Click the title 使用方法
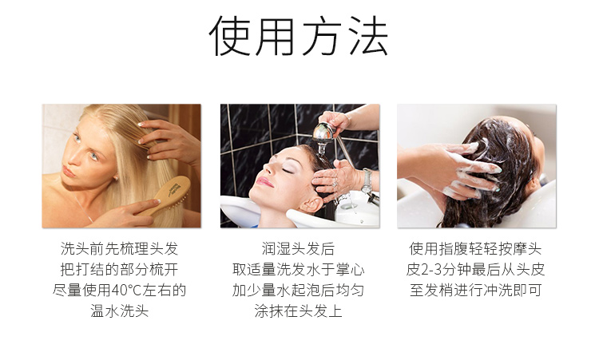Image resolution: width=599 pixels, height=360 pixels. [x=299, y=36]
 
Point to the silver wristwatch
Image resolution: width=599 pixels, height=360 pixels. [x=367, y=182]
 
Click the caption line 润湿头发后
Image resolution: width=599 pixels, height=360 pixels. [x=299, y=249]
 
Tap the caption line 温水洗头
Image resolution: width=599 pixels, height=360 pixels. [x=120, y=311]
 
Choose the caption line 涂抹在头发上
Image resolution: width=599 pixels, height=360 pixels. [x=299, y=311]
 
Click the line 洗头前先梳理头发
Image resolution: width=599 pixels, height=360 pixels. [x=120, y=249]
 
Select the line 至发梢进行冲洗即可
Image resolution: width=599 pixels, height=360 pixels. [x=476, y=290]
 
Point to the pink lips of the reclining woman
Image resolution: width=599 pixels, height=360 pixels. [x=265, y=182]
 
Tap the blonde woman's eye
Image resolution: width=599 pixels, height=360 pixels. [x=93, y=156]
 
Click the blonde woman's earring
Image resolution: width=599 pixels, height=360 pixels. [x=115, y=178]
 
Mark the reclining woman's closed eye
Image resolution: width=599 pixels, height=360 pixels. [x=288, y=169]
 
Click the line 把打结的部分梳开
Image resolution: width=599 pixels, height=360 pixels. [x=120, y=270]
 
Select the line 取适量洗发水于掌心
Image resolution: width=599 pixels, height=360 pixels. [x=299, y=270]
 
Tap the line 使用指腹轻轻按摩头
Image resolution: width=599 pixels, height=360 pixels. [x=476, y=249]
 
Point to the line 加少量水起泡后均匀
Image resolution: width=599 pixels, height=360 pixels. [x=299, y=290]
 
